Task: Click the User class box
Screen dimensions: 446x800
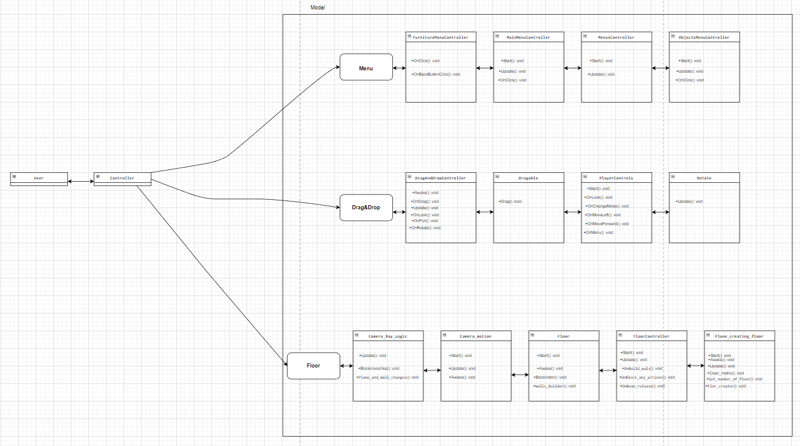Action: (x=39, y=178)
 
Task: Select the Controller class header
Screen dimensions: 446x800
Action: (x=122, y=178)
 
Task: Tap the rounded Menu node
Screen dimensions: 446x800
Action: (x=366, y=67)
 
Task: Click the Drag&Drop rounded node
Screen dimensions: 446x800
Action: (x=366, y=207)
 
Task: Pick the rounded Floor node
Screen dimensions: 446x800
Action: (x=313, y=366)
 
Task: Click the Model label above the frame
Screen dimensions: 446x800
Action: (x=317, y=8)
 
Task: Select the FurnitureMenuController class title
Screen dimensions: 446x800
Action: (x=440, y=37)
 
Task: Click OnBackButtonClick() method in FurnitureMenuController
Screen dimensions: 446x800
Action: (x=436, y=74)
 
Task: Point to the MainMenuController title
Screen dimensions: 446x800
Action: (x=528, y=37)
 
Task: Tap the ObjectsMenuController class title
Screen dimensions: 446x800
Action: (x=704, y=37)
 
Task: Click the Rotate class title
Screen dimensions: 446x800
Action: (x=704, y=178)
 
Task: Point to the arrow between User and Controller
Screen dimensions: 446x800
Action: (x=81, y=182)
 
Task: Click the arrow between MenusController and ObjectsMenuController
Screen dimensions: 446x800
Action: (x=661, y=68)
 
